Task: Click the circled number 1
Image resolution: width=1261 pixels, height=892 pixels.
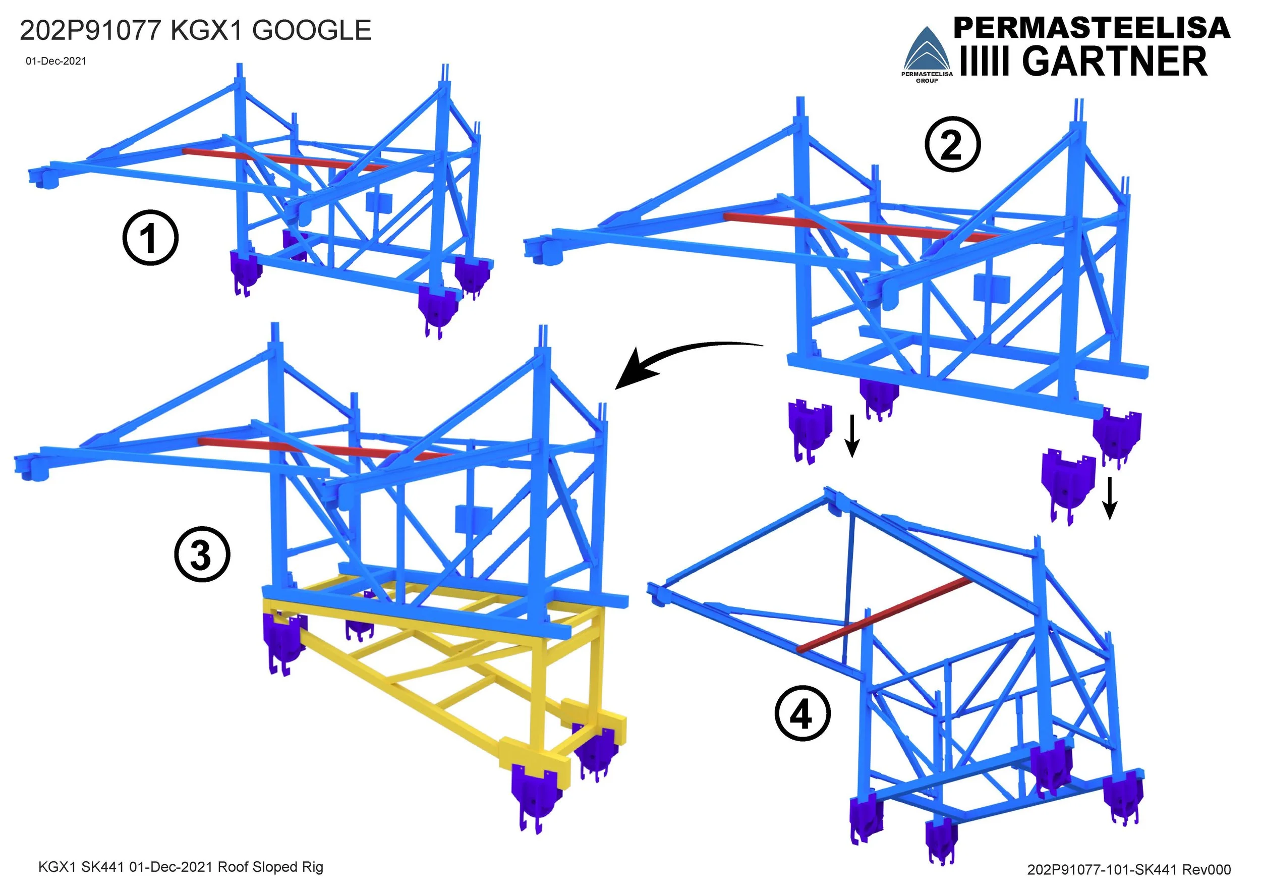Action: coord(150,238)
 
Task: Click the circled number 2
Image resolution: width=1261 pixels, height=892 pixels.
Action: coord(952,144)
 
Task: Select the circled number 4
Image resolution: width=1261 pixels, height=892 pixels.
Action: coord(802,714)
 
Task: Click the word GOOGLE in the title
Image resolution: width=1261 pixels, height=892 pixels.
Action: coord(311,30)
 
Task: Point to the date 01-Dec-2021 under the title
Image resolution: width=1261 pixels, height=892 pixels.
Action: coord(56,61)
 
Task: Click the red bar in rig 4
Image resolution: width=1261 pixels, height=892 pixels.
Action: coord(884,615)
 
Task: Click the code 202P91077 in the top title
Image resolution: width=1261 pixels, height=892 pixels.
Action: coord(90,30)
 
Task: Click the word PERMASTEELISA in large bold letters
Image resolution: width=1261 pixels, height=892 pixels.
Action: coord(1092,28)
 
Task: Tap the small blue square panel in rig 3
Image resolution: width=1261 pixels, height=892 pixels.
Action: coord(473,519)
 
